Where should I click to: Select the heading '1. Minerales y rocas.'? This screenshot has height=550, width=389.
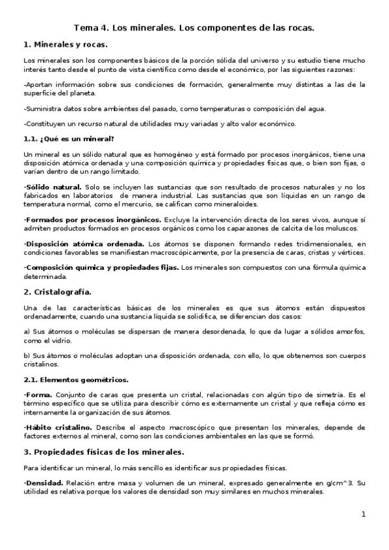65,45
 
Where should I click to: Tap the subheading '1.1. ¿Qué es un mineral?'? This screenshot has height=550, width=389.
68,139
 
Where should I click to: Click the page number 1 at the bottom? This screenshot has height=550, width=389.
364,514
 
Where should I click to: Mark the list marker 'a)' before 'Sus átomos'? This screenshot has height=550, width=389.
27,331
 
